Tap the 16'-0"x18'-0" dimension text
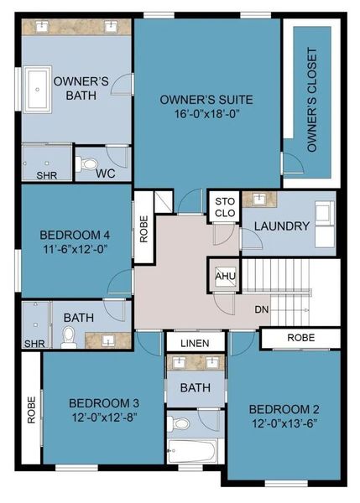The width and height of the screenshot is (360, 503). click(x=206, y=116)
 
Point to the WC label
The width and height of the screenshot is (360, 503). click(x=105, y=174)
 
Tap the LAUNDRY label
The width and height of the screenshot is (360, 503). click(x=282, y=226)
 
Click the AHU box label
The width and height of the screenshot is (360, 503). click(x=223, y=276)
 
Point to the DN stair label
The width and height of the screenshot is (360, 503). click(x=263, y=309)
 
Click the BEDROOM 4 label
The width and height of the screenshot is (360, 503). click(x=72, y=235)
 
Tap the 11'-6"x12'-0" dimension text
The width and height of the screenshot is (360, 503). click(x=72, y=249)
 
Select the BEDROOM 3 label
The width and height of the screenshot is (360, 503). click(x=103, y=402)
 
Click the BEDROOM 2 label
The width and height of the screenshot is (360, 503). click(x=284, y=409)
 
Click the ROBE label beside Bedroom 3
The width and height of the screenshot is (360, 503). click(x=31, y=409)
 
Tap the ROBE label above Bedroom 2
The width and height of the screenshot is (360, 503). click(x=300, y=338)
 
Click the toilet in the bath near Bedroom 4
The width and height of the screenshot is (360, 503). click(x=69, y=337)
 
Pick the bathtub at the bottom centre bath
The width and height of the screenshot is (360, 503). click(x=194, y=451)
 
